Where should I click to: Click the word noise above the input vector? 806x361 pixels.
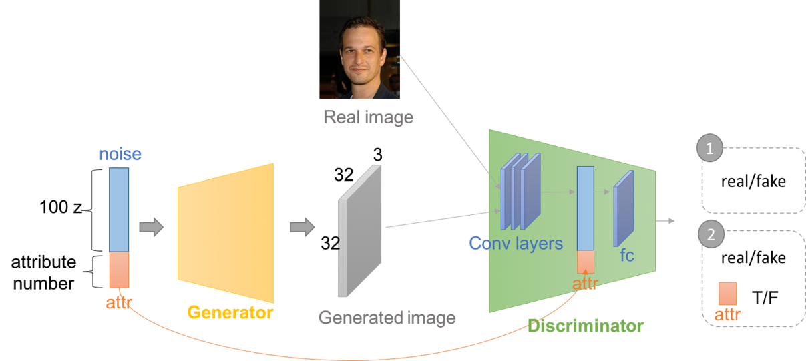(x=120, y=155)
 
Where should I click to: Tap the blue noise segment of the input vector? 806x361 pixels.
(x=119, y=209)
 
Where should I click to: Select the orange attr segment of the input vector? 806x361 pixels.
(x=119, y=269)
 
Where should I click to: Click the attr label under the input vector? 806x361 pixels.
(x=119, y=303)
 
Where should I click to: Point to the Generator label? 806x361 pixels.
(x=230, y=312)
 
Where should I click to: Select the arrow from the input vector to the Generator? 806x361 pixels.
(x=151, y=227)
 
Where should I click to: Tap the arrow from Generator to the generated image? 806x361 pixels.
(x=302, y=227)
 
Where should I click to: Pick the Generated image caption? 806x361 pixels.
(x=387, y=318)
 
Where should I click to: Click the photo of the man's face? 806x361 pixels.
(x=360, y=49)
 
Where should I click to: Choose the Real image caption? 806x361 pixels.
(x=368, y=117)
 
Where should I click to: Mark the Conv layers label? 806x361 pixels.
(x=516, y=243)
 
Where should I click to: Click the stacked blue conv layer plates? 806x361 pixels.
(x=522, y=190)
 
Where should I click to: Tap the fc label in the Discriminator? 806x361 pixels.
(x=626, y=255)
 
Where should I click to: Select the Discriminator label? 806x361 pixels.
(x=585, y=326)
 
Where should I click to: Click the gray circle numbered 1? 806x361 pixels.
(x=710, y=149)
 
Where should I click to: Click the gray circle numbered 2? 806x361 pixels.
(x=710, y=235)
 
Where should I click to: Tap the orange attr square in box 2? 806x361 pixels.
(x=727, y=294)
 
